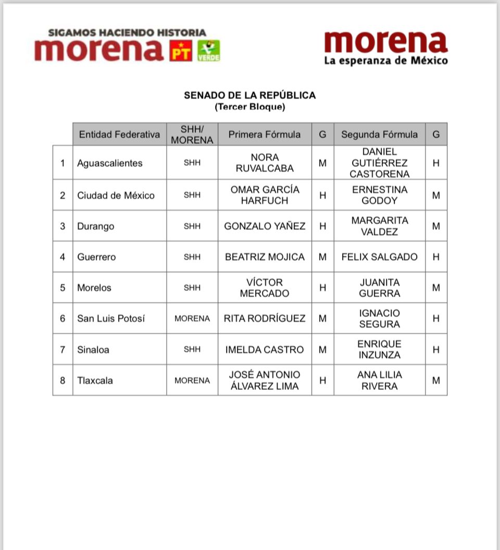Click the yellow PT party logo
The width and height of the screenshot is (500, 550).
pyautogui.click(x=181, y=51)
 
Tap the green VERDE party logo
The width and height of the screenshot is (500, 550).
pyautogui.click(x=208, y=51)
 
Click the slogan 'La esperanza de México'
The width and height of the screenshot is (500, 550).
pyautogui.click(x=386, y=60)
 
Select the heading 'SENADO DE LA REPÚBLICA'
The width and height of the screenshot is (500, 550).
pyautogui.click(x=249, y=95)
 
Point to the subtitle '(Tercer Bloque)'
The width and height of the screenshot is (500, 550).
pyautogui.click(x=249, y=107)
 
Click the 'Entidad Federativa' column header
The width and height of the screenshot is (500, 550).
pyautogui.click(x=119, y=135)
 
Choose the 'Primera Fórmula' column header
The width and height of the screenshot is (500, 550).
pyautogui.click(x=265, y=135)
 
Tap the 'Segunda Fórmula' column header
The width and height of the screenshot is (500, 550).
pyautogui.click(x=379, y=135)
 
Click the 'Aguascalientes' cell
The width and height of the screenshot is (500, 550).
pyautogui.click(x=109, y=163)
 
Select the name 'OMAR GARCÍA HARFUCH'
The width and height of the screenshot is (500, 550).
pyautogui.click(x=265, y=195)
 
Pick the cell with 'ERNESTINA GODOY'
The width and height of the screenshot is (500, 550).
pyautogui.click(x=379, y=195)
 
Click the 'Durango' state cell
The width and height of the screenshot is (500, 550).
pyautogui.click(x=95, y=226)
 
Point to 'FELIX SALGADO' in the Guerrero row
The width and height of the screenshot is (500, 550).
pyautogui.click(x=379, y=256)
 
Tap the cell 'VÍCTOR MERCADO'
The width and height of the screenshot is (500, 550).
pyautogui.click(x=265, y=288)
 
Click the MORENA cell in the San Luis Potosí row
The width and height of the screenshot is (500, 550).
pyautogui.click(x=192, y=319)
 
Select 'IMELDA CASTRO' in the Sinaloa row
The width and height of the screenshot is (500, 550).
pyautogui.click(x=265, y=349)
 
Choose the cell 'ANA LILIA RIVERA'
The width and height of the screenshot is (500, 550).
pyautogui.click(x=379, y=381)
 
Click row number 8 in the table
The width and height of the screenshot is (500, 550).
pyautogui.click(x=63, y=381)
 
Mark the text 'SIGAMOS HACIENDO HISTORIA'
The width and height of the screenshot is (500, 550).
pyautogui.click(x=127, y=32)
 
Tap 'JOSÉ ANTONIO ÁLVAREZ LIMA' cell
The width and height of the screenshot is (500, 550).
pyautogui.click(x=265, y=381)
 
